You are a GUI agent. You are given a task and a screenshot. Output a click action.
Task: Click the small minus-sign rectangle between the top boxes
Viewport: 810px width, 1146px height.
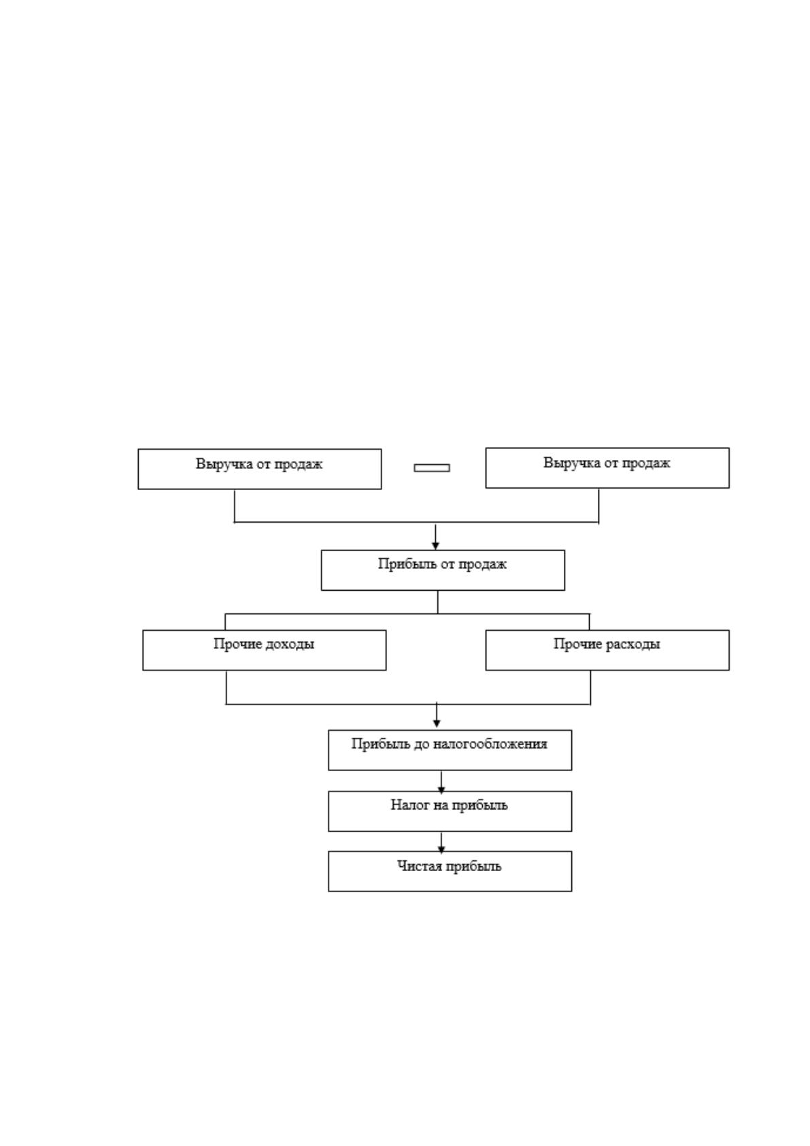[x=432, y=468]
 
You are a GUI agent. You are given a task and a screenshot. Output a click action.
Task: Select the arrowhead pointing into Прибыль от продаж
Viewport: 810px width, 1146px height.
[x=435, y=545]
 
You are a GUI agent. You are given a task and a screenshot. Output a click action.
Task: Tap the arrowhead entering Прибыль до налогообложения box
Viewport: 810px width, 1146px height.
[x=436, y=723]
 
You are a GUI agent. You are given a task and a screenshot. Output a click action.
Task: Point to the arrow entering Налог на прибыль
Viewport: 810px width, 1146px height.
[x=441, y=782]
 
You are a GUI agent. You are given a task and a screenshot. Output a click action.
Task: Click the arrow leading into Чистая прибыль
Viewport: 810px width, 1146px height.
[x=441, y=842]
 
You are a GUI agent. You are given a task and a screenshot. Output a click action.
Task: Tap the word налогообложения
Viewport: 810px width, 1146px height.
[x=490, y=744]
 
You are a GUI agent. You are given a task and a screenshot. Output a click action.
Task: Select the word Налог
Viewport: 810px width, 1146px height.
[x=407, y=805]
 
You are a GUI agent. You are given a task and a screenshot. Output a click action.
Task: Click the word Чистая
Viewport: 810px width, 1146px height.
[x=420, y=866]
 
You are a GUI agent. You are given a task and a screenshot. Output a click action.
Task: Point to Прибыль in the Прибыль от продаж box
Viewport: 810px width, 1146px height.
[x=402, y=564]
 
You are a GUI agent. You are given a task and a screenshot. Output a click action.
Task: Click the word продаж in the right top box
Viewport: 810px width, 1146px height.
[x=645, y=463]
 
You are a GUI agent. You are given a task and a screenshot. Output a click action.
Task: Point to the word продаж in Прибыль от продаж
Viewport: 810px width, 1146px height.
[x=482, y=564]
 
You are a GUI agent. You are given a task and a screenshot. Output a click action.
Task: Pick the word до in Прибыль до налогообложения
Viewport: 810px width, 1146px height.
[x=422, y=744]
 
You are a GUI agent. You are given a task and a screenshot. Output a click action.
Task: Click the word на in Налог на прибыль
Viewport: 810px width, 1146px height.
[x=438, y=806]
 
